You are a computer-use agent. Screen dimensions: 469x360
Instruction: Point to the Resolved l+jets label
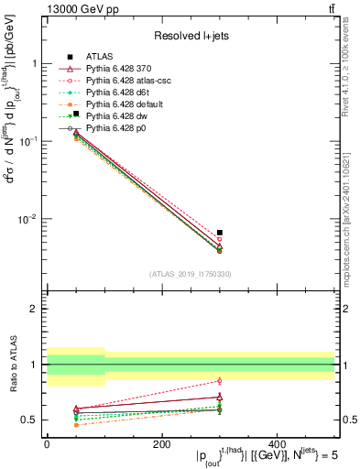190,36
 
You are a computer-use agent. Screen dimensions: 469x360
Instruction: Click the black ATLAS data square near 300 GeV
219,233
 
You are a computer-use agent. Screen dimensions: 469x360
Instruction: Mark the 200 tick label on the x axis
162,443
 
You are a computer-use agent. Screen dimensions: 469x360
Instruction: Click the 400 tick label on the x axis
277,443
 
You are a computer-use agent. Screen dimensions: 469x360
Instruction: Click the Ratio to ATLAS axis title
11,364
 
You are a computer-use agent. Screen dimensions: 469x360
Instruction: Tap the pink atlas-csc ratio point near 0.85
219,380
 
